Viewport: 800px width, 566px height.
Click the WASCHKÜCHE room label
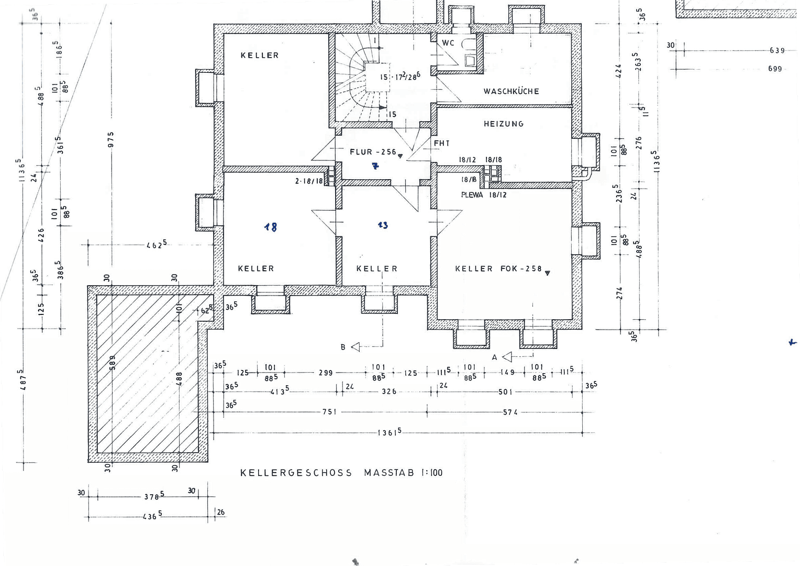511,91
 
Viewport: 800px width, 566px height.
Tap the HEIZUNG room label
503,124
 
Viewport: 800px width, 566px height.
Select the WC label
448,43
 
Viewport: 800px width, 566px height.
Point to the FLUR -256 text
373,152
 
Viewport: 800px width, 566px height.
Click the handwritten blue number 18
271,227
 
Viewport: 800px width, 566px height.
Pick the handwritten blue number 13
383,225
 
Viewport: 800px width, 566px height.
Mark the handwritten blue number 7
375,167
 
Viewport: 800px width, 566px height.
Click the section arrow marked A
506,357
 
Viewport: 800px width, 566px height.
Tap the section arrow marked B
356,347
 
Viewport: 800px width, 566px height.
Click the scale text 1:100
431,473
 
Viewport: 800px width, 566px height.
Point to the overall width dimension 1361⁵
390,432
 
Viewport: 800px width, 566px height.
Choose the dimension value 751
329,412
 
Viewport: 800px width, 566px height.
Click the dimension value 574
510,412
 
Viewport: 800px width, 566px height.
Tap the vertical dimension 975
111,140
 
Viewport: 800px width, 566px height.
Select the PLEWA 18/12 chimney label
483,195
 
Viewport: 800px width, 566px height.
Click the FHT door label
441,143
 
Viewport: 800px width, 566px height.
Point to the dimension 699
775,69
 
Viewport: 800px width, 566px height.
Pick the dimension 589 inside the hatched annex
112,363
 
